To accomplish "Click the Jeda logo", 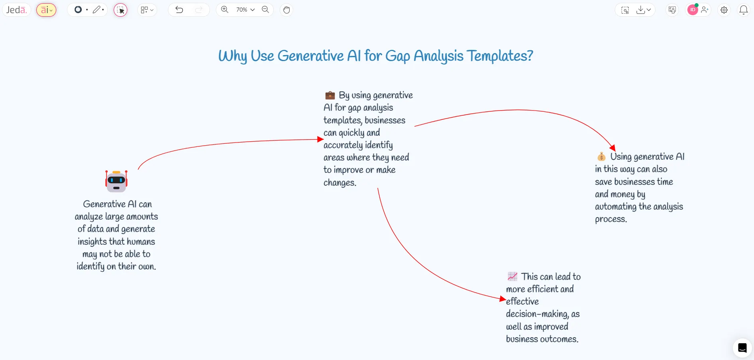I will pyautogui.click(x=16, y=10).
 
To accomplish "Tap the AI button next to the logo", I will pyautogui.click(x=46, y=10).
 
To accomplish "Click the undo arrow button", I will pyautogui.click(x=179, y=10).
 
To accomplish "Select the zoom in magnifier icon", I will pyautogui.click(x=225, y=10).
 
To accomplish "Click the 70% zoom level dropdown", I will pyautogui.click(x=245, y=10).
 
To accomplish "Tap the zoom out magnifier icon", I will pyautogui.click(x=265, y=10).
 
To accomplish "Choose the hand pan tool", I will pyautogui.click(x=286, y=10).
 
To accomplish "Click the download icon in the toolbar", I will pyautogui.click(x=641, y=10).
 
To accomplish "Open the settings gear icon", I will pyautogui.click(x=724, y=10).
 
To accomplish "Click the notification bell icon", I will pyautogui.click(x=743, y=10).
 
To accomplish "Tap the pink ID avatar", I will pyautogui.click(x=693, y=10).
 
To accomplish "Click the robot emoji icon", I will pyautogui.click(x=116, y=181).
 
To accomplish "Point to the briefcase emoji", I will pyautogui.click(x=330, y=95).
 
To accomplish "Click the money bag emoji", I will pyautogui.click(x=601, y=156).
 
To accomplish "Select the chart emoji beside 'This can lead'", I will pyautogui.click(x=512, y=276).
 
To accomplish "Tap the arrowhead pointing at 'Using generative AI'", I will pyautogui.click(x=613, y=148).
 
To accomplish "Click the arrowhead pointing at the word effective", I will pyautogui.click(x=503, y=299).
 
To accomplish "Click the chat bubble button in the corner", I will pyautogui.click(x=742, y=348).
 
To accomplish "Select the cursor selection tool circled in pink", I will pyautogui.click(x=120, y=10).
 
